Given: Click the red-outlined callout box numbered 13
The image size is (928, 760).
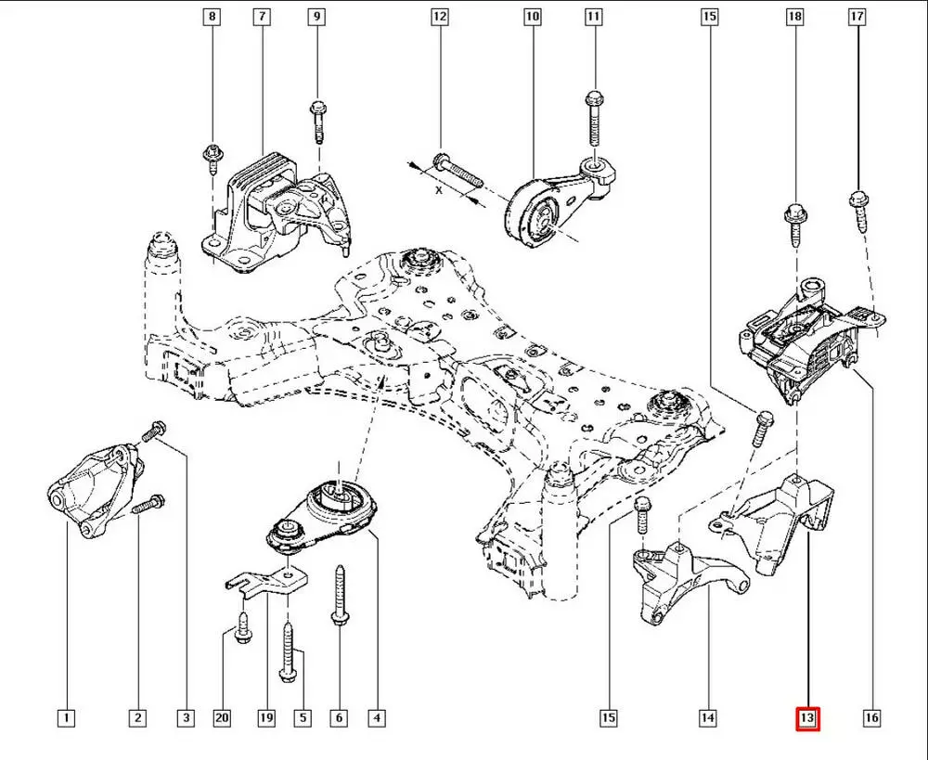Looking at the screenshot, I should click(806, 717).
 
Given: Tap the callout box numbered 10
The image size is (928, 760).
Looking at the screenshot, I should click(532, 17).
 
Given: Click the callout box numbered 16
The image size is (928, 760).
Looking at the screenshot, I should click(870, 717).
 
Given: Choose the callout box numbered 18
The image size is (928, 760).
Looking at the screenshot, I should click(794, 17).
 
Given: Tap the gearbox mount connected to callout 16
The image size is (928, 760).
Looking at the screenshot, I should click(807, 339).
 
